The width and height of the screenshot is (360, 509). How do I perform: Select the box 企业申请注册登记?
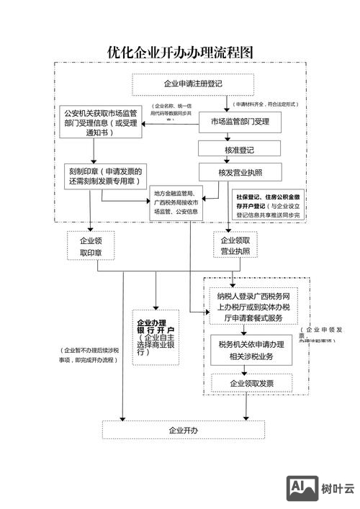point(184,84)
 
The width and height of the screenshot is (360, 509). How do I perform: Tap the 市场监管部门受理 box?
point(240,122)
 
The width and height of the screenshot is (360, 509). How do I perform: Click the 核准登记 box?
point(239,149)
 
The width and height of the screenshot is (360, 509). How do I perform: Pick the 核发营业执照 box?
point(240,172)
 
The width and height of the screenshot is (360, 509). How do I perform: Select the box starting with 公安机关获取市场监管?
point(101,122)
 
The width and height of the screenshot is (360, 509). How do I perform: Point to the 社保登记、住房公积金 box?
point(269,204)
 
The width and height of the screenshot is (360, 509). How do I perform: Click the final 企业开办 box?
point(184,430)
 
